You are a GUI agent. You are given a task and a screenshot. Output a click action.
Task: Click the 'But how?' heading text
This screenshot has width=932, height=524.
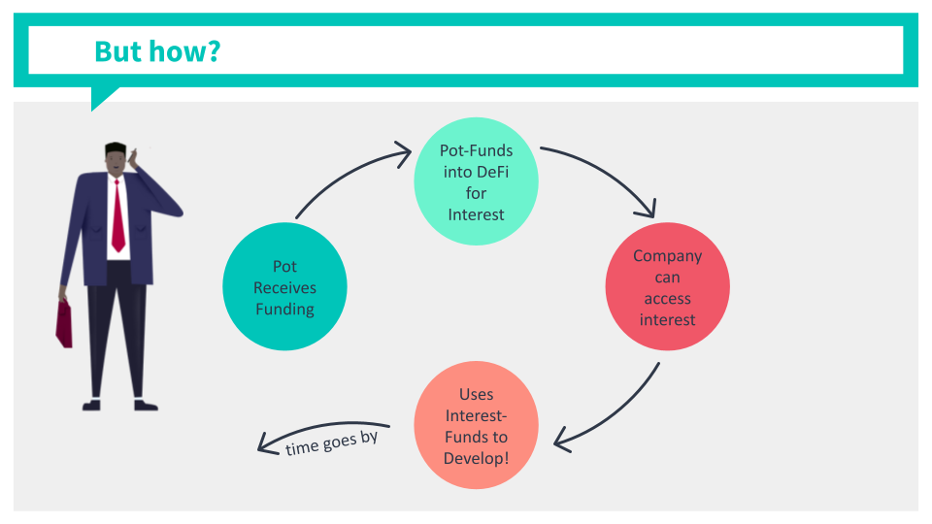pos(157,51)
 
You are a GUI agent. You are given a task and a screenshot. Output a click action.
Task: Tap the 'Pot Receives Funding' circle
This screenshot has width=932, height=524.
pos(284,286)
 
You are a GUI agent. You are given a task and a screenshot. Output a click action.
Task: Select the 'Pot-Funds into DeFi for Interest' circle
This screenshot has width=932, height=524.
pos(476,181)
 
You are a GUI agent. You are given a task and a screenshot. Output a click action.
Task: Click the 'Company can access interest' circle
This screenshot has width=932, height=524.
pos(668,286)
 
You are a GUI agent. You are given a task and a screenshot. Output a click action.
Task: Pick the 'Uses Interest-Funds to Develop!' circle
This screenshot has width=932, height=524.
pos(476,425)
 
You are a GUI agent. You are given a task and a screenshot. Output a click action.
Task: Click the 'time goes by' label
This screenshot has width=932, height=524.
pos(332,442)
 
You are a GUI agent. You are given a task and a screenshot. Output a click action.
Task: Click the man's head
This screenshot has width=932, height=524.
pos(116,159)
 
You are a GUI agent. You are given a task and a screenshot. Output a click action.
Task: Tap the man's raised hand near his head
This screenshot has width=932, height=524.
pos(132,157)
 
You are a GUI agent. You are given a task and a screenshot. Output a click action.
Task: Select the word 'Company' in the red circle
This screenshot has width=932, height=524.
pos(668,256)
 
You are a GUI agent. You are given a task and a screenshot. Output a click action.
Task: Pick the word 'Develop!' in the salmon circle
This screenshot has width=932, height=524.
pos(476,458)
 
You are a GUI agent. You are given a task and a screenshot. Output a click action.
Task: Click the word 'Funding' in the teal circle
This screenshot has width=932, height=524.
pos(284,309)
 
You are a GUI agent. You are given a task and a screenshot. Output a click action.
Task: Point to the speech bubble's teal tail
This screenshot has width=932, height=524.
pos(103,97)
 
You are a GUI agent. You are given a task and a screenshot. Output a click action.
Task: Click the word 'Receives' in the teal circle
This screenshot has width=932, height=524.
pos(284,287)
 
